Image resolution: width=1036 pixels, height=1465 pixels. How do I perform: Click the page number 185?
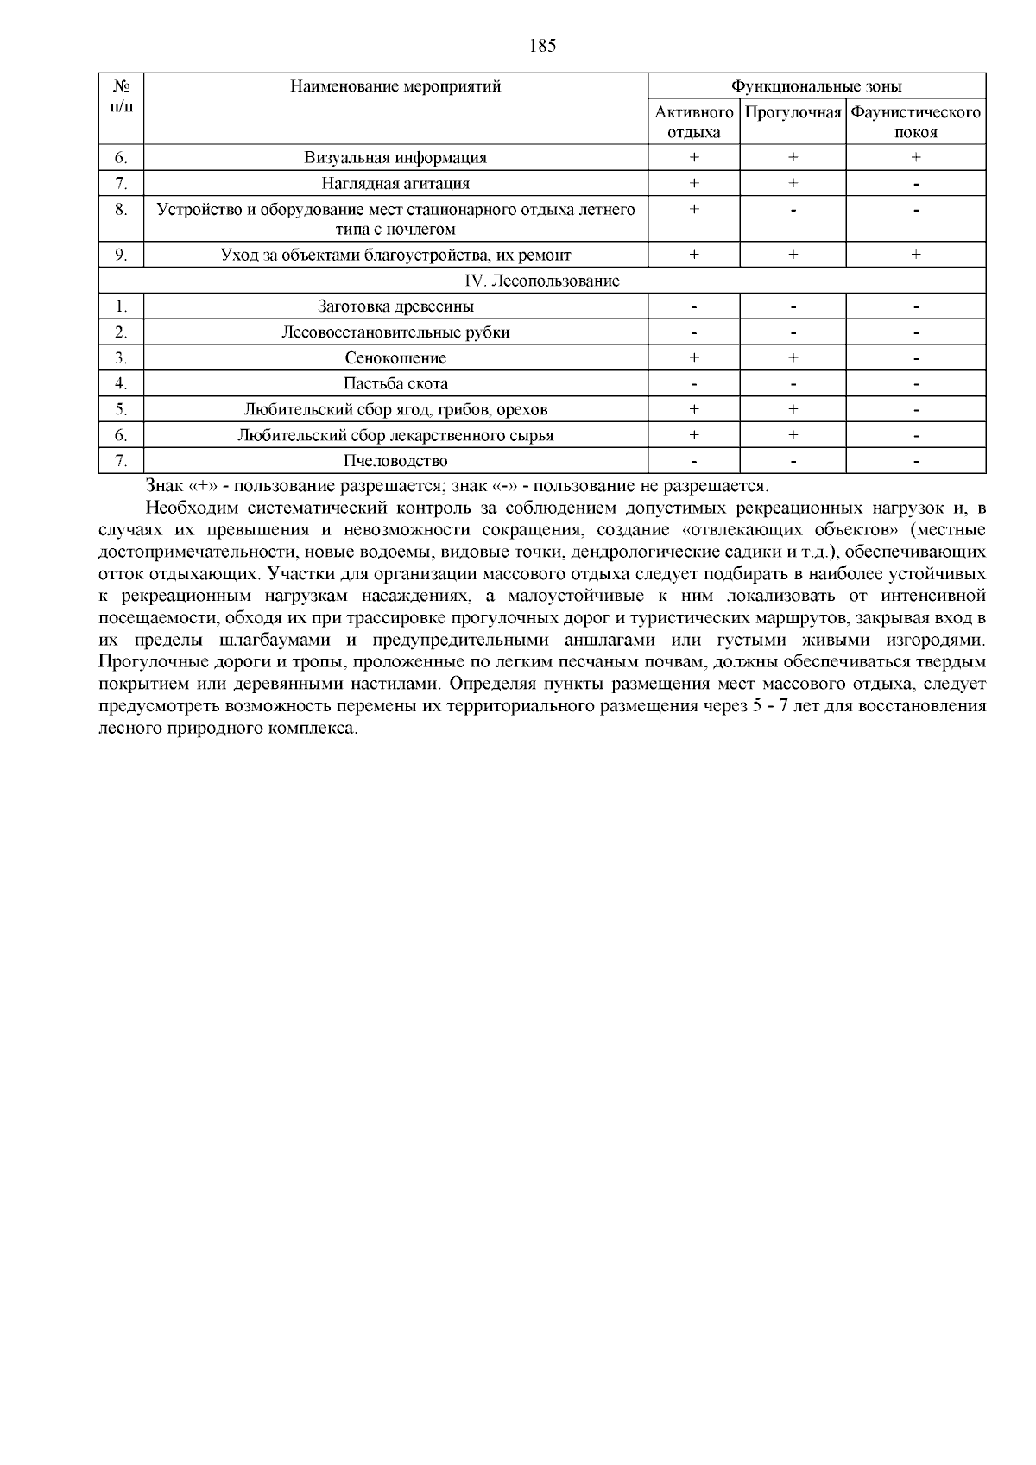click(542, 47)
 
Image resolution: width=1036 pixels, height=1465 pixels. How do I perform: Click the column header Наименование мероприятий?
click(395, 86)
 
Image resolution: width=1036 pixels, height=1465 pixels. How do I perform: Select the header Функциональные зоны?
click(817, 86)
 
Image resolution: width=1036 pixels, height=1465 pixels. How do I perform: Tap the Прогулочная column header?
click(793, 112)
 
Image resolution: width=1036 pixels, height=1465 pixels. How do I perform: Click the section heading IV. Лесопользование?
click(542, 281)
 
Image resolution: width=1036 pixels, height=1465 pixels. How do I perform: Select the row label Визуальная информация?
click(395, 158)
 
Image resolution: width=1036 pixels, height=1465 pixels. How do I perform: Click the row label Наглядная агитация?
click(395, 183)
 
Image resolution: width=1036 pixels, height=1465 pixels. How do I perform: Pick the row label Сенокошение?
click(395, 357)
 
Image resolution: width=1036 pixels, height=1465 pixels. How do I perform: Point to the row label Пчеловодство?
click(395, 461)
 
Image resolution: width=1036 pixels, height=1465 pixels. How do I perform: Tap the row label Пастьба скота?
click(395, 383)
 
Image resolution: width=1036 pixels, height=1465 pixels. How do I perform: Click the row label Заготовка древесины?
click(395, 306)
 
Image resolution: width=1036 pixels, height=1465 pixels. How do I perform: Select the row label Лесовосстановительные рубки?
click(395, 332)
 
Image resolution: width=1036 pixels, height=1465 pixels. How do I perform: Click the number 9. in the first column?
click(121, 255)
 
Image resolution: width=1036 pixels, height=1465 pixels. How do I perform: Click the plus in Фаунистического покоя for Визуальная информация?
click(915, 158)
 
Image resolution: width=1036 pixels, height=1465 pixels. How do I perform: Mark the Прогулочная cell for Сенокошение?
click(793, 357)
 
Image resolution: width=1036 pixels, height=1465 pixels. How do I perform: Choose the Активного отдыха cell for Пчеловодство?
click(694, 462)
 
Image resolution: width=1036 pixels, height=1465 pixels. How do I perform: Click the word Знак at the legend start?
click(164, 486)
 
